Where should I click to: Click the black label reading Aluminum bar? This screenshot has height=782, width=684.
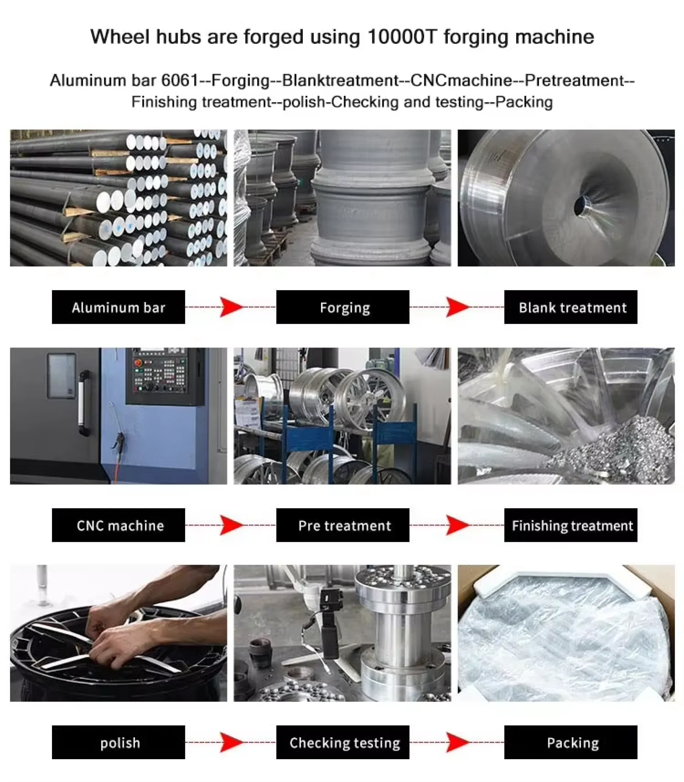pyautogui.click(x=118, y=307)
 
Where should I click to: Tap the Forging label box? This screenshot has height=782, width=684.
pyautogui.click(x=343, y=307)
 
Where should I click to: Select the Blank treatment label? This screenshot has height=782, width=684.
pyautogui.click(x=571, y=307)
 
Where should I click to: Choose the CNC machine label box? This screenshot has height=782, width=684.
pyautogui.click(x=118, y=525)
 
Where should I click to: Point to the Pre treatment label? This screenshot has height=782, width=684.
pyautogui.click(x=343, y=525)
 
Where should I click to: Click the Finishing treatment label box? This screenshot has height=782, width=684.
pyautogui.click(x=571, y=525)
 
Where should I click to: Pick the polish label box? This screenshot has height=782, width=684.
pyautogui.click(x=118, y=742)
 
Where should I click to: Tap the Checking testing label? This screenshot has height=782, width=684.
pyautogui.click(x=343, y=742)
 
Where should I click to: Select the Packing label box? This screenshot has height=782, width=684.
pyautogui.click(x=571, y=742)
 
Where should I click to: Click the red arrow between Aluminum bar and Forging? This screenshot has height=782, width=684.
pyautogui.click(x=231, y=307)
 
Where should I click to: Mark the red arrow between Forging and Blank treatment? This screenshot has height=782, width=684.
pyautogui.click(x=458, y=307)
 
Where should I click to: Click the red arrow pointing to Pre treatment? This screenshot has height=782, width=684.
pyautogui.click(x=231, y=525)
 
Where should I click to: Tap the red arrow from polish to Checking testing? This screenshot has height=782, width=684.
pyautogui.click(x=231, y=742)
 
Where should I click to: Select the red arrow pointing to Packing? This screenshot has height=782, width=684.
pyautogui.click(x=458, y=742)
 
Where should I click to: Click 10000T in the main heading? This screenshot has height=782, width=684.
pyautogui.click(x=401, y=37)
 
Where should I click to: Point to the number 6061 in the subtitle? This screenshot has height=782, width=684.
pyautogui.click(x=180, y=80)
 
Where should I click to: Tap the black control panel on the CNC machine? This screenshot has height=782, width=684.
pyautogui.click(x=165, y=376)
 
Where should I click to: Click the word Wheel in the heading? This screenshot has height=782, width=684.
pyautogui.click(x=119, y=37)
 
